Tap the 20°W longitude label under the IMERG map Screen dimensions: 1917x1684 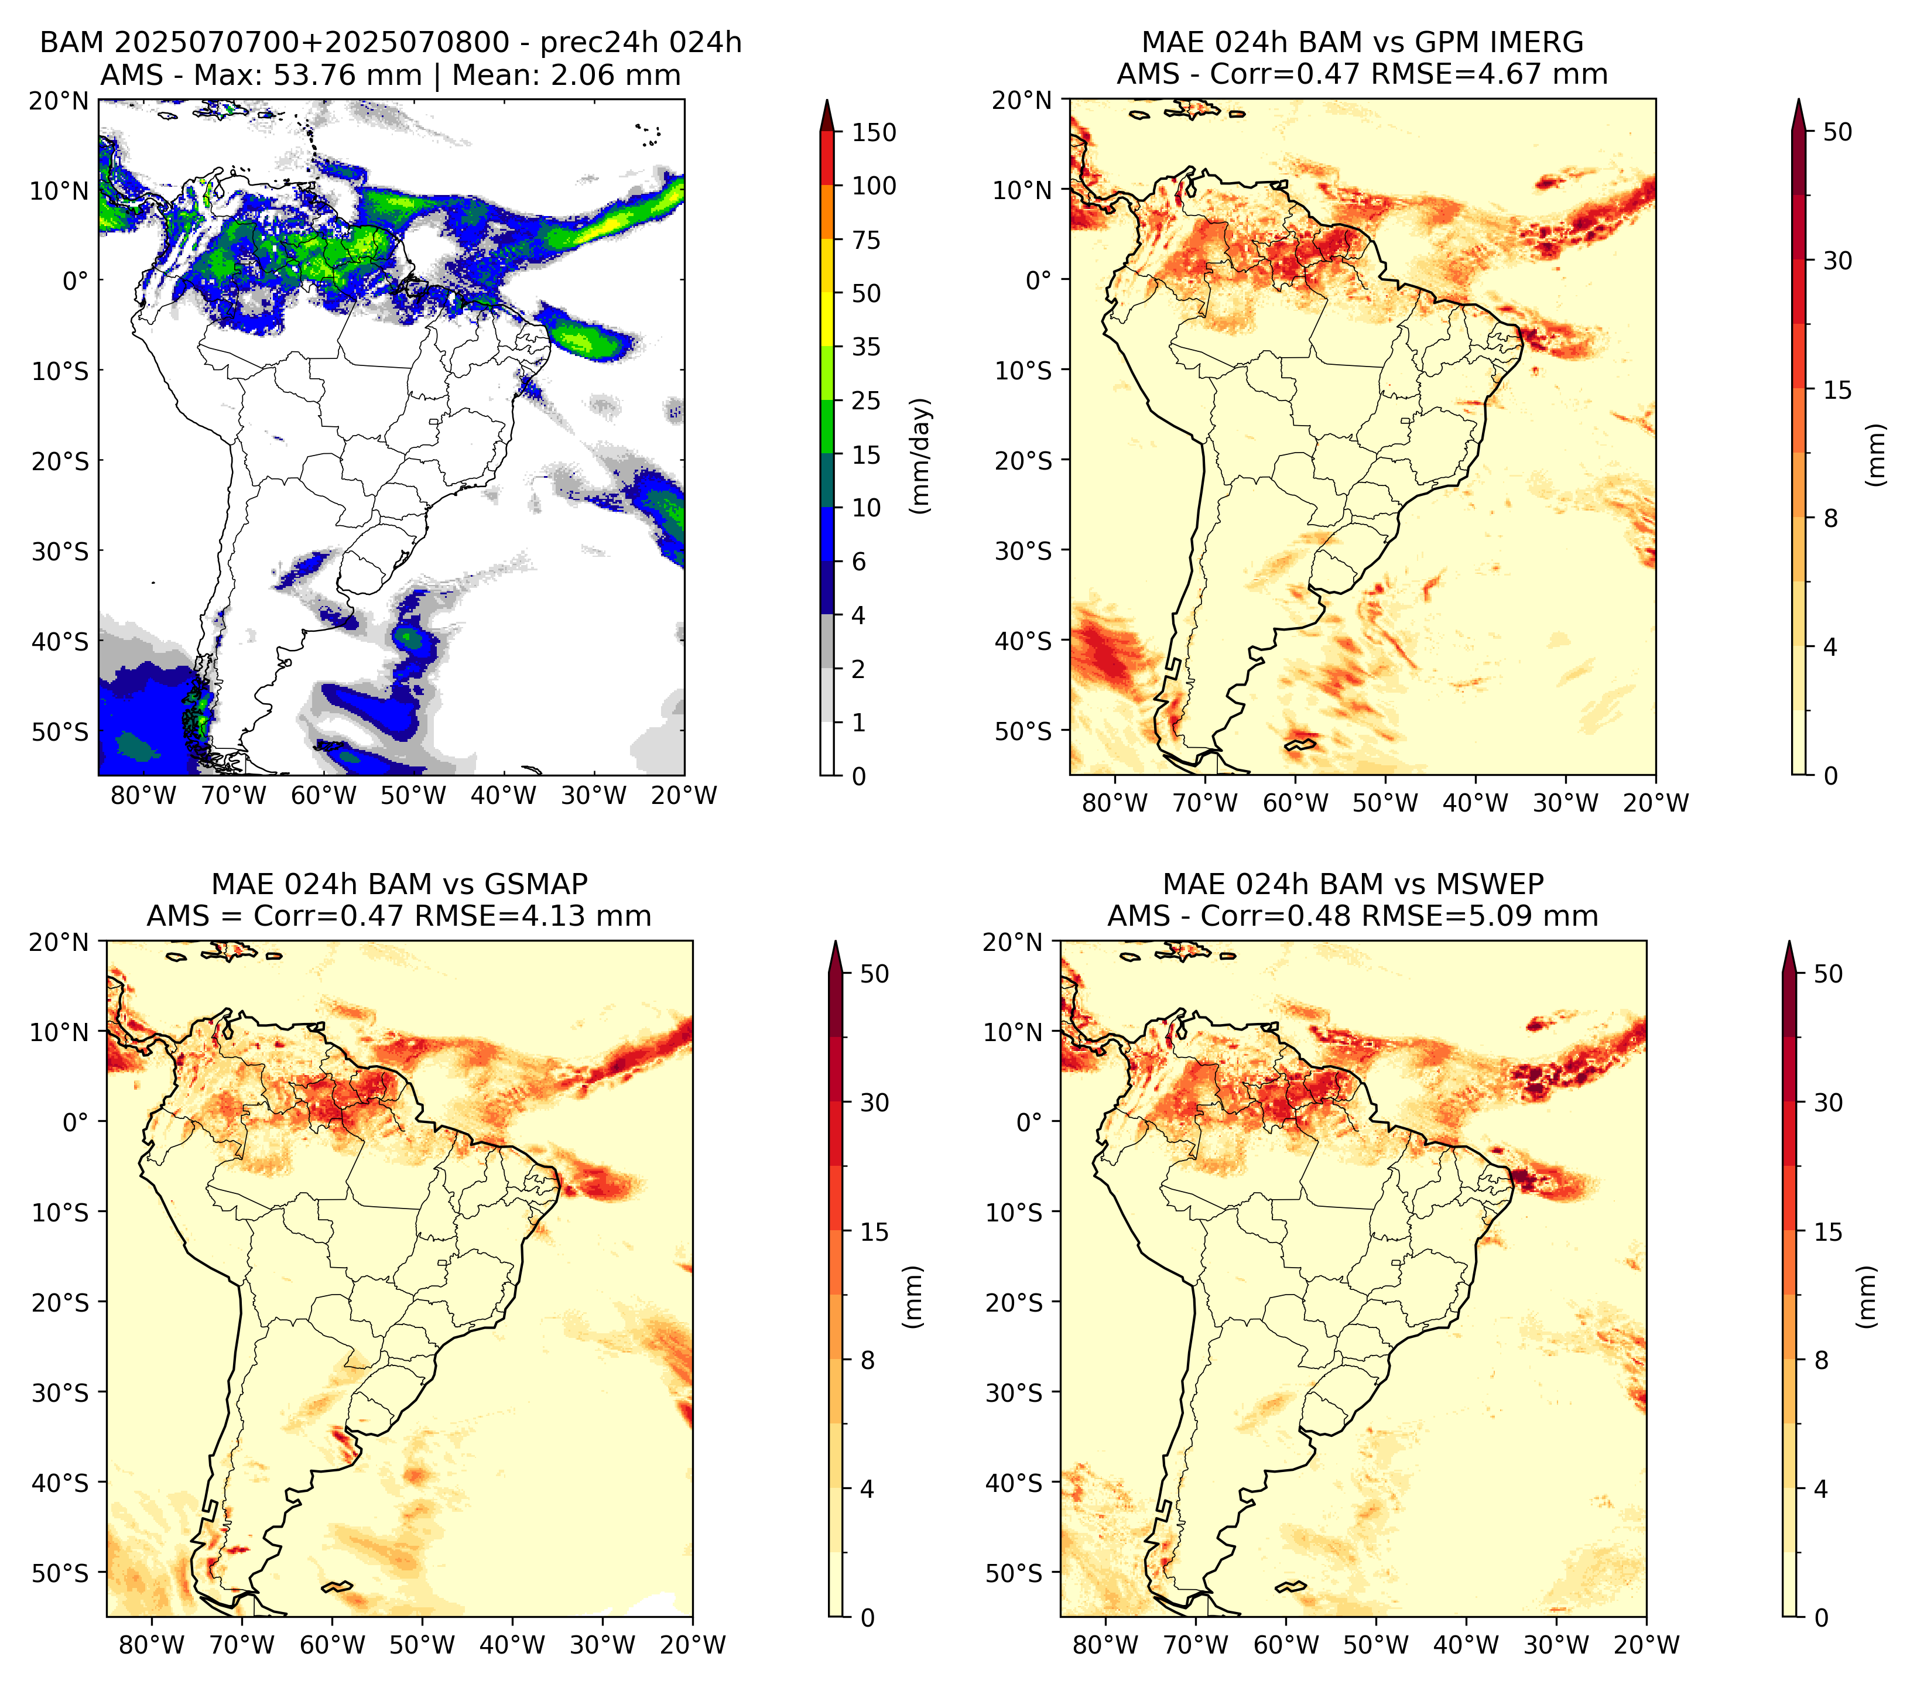tap(1655, 803)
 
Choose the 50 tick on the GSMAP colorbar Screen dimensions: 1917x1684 tap(873, 974)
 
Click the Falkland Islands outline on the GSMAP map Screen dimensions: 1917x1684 tap(337, 1586)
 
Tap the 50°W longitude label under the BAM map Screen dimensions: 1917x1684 tap(413, 795)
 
